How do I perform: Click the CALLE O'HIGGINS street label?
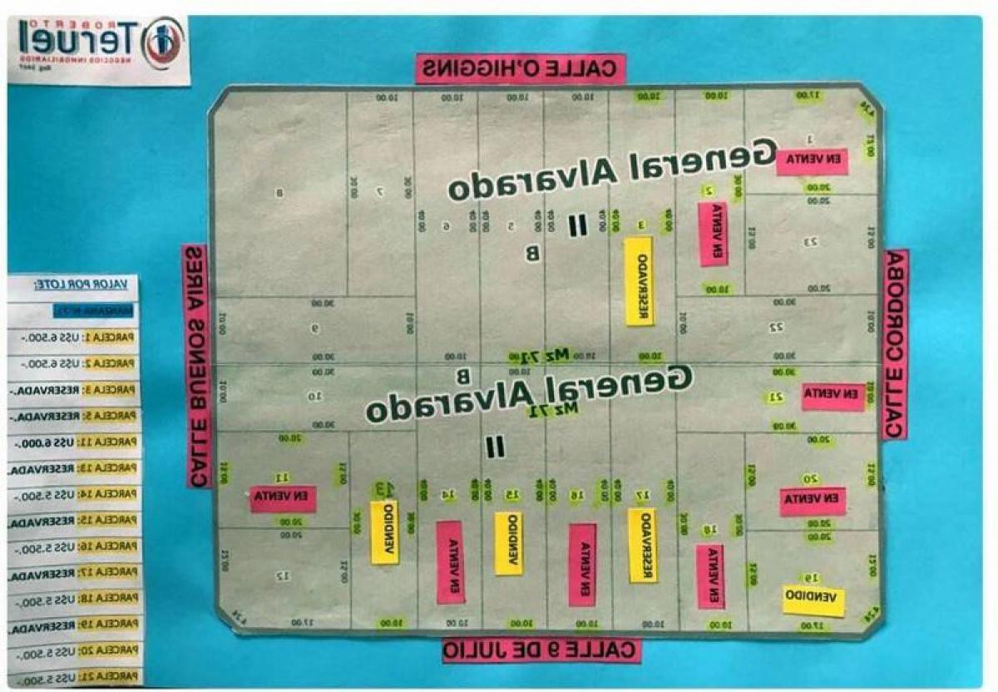520,69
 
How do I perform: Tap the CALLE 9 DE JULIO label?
541,650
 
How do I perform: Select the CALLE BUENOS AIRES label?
198,366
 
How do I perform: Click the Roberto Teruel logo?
99,49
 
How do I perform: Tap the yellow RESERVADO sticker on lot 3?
639,281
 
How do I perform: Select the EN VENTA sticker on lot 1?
812,161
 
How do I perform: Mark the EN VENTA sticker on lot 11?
283,497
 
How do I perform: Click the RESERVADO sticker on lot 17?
642,546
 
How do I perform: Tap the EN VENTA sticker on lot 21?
833,396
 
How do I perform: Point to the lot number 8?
279,194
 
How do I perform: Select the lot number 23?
810,242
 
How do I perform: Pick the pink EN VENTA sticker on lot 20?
813,501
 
